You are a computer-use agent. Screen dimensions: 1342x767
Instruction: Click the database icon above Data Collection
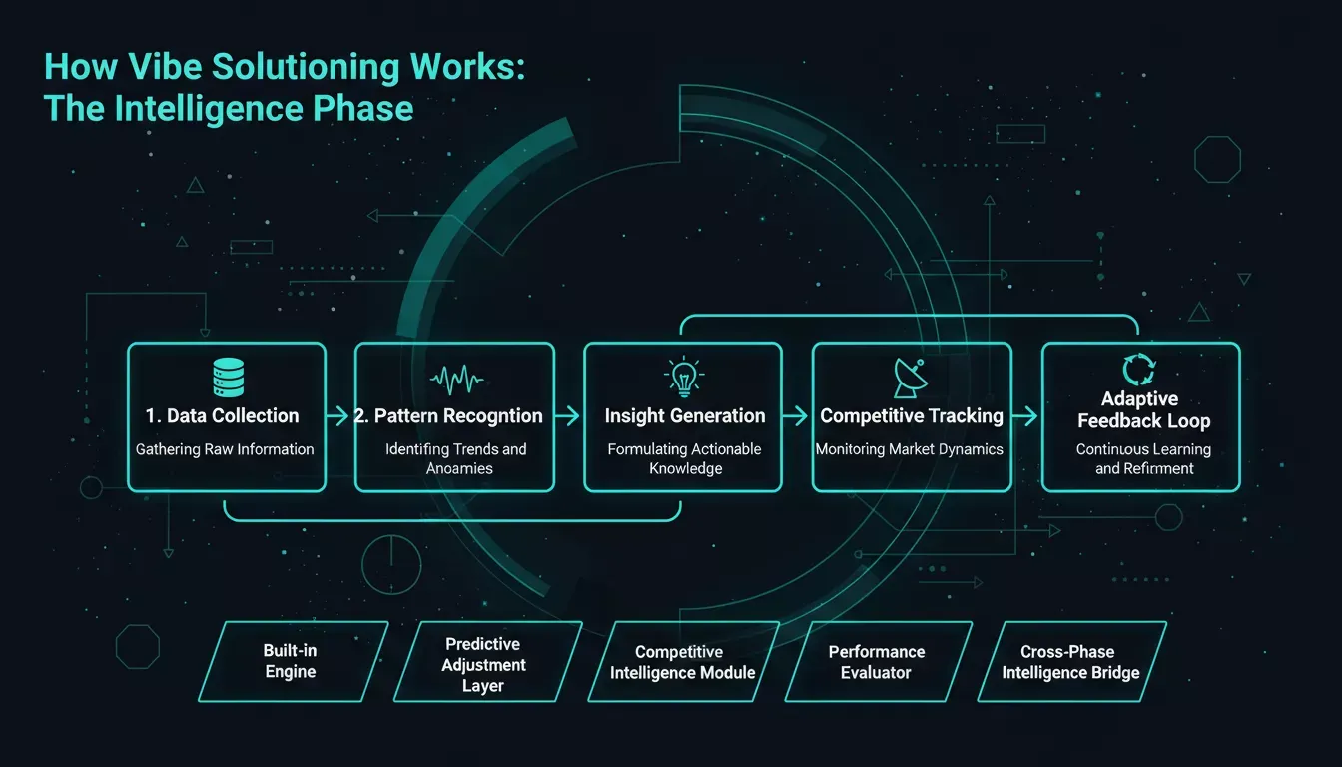(229, 378)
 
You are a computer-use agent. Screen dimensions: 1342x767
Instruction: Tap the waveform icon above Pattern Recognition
(456, 379)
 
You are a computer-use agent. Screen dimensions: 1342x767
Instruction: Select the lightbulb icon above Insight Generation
(684, 377)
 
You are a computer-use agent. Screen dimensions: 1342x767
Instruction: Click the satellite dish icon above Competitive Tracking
(910, 379)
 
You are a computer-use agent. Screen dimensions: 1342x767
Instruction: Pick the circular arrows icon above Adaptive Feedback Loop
(1139, 370)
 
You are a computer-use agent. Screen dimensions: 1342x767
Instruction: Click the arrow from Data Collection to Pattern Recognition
(337, 415)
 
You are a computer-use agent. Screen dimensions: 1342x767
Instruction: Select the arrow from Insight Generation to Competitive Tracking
(796, 415)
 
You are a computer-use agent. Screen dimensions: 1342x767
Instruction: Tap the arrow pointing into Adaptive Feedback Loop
(1025, 415)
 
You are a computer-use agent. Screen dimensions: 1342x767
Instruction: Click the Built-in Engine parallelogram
(293, 661)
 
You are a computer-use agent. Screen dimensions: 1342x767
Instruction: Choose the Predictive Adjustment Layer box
(487, 661)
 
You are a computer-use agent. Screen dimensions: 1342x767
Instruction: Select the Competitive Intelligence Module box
(684, 661)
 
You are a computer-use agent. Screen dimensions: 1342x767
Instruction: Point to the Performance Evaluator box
(879, 661)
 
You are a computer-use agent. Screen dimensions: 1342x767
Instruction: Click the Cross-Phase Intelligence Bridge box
(1071, 661)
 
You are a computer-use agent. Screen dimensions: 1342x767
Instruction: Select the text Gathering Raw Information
(225, 449)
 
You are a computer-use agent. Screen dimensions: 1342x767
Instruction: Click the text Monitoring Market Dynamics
(909, 449)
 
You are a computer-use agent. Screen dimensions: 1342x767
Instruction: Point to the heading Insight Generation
(685, 415)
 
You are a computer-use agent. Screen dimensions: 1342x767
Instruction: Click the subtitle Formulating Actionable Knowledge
(684, 458)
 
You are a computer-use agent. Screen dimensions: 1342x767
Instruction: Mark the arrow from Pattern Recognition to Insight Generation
(567, 415)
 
